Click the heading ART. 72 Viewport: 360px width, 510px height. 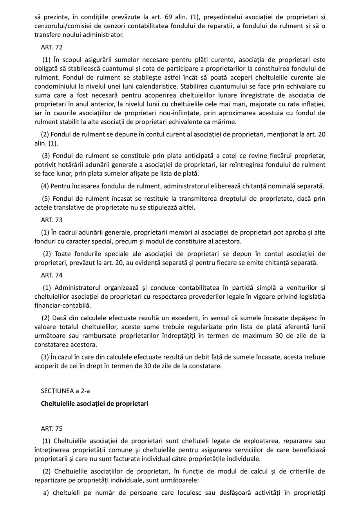tap(52, 47)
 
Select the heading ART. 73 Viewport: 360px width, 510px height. tap(52, 220)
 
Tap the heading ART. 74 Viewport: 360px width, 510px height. tap(52, 275)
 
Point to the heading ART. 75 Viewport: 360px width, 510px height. tap(52, 428)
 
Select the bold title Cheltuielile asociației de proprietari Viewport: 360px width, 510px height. tap(94, 403)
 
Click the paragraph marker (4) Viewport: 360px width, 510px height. tap(45, 186)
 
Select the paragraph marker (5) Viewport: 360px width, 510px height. tap(46, 198)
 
